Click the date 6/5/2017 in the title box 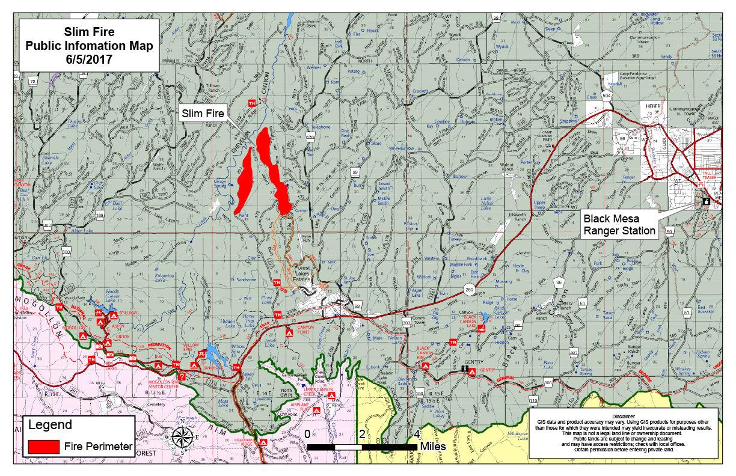tap(89, 59)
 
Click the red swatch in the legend tap(44, 447)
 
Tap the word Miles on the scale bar tap(433, 447)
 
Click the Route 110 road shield tap(533, 400)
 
